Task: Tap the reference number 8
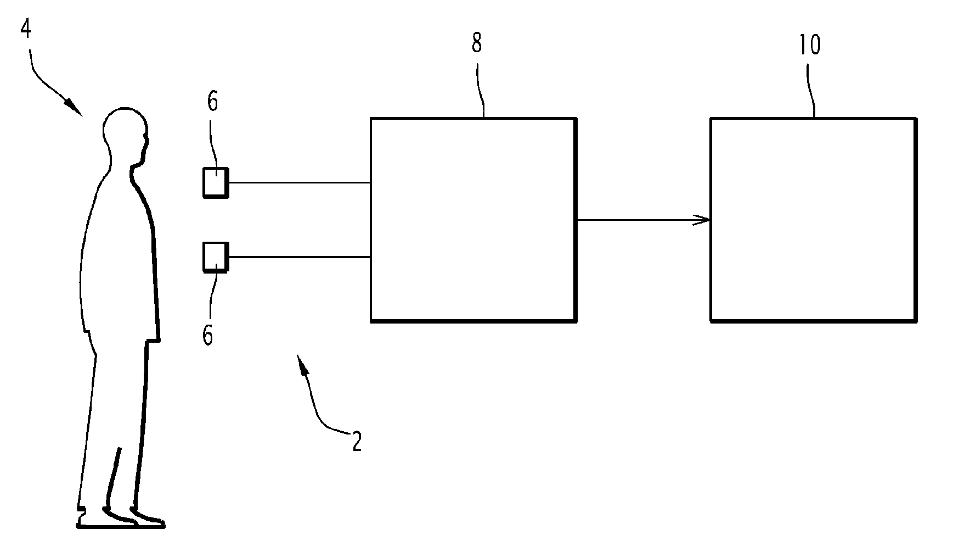coord(476,42)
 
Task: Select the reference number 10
coord(809,45)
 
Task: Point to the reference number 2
coord(357,441)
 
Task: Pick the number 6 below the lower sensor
coord(207,334)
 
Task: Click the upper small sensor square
coord(215,182)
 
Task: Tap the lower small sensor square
coord(215,257)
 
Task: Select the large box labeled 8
coord(473,220)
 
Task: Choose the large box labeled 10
coord(813,220)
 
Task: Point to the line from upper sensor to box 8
coord(299,182)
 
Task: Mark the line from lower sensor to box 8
coord(299,257)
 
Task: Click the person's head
coord(125,129)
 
